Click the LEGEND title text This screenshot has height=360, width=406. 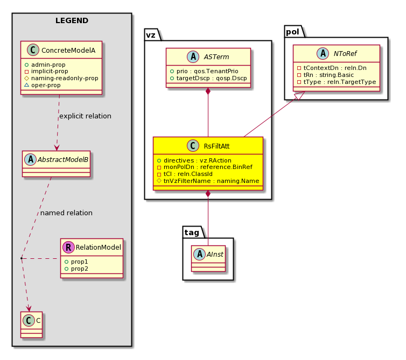(x=72, y=20)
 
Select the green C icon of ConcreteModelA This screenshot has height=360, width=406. (x=33, y=50)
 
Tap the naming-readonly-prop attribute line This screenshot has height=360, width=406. (x=61, y=78)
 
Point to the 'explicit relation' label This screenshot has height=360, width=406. (x=85, y=116)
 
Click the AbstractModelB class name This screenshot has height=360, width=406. (x=63, y=160)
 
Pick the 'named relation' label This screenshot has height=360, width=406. (x=66, y=213)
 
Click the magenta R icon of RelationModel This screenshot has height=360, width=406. (x=68, y=247)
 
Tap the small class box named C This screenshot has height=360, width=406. (x=31, y=324)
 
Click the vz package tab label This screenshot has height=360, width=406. (x=151, y=34)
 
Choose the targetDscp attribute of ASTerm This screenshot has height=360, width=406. (x=208, y=78)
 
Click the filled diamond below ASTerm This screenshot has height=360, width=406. (x=208, y=91)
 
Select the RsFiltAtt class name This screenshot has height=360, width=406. (x=216, y=146)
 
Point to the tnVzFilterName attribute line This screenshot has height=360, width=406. (x=208, y=181)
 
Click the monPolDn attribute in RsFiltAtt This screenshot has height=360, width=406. (x=205, y=167)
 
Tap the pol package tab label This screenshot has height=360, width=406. (x=292, y=32)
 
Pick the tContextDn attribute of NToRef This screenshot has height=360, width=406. (x=332, y=68)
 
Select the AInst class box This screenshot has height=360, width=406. (x=208, y=258)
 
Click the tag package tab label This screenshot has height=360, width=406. (x=192, y=232)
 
